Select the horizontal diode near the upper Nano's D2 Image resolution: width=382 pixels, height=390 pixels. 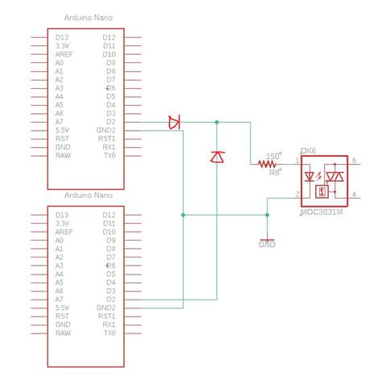tap(174, 122)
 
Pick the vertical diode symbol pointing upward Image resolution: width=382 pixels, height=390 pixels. tap(216, 157)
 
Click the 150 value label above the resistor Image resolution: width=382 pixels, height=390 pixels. tap(273, 155)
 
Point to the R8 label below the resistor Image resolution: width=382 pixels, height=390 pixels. tap(274, 172)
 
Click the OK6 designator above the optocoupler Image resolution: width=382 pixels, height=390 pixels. tap(308, 151)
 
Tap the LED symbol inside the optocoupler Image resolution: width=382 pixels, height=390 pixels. tap(312, 176)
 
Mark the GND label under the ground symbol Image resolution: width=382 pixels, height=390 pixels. tap(267, 244)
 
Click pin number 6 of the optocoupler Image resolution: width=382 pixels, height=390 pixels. tap(355, 161)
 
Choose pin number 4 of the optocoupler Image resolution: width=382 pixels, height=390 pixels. tap(355, 194)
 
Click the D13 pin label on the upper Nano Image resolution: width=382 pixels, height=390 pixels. tap(62, 37)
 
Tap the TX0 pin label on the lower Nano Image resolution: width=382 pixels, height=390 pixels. tap(108, 333)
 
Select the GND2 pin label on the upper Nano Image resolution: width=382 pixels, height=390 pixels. tap(106, 130)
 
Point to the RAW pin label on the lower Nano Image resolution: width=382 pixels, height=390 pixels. tap(63, 333)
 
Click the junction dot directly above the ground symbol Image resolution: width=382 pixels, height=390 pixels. tap(268, 215)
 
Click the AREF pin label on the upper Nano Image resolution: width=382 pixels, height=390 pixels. tap(64, 54)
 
